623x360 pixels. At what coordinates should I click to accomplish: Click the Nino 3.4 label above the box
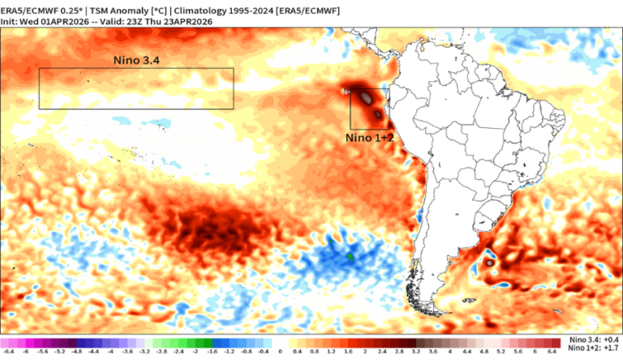pos(137,60)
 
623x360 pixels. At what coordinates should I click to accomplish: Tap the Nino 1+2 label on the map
pos(370,138)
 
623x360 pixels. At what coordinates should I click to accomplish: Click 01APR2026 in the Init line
pos(78,21)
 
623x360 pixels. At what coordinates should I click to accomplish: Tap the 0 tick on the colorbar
pos(280,351)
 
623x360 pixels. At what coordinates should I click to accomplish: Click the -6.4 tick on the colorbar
pos(8,351)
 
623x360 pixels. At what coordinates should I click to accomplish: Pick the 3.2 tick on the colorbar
pos(417,351)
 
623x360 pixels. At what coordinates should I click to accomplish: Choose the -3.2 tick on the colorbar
pos(145,351)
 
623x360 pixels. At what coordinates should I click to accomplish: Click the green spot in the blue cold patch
pos(350,257)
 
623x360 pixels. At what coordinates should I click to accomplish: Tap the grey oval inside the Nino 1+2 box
pos(367,97)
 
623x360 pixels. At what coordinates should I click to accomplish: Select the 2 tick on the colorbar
pos(365,351)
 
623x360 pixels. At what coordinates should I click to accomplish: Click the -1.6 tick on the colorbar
pos(213,351)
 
